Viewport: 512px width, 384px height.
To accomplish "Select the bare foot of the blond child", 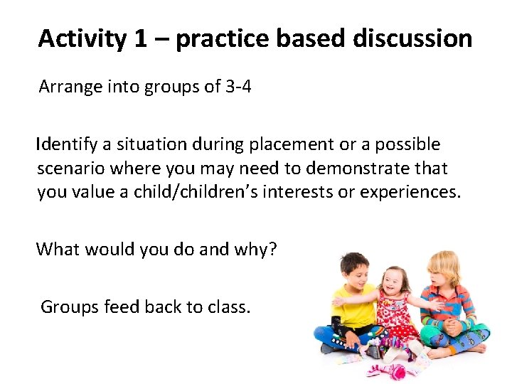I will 475,348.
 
